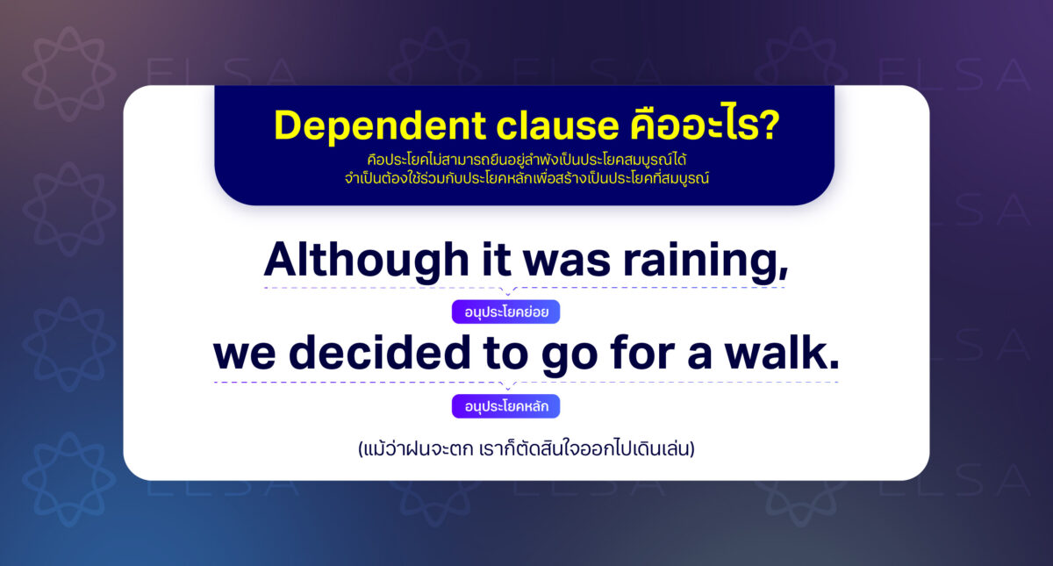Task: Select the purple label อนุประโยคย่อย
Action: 505,312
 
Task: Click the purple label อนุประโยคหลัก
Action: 505,406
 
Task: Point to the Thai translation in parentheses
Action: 526,450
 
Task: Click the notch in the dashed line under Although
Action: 507,290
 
